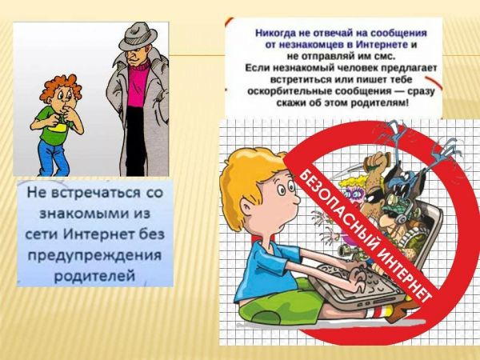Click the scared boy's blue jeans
[x=52, y=158]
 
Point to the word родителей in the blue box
[x=94, y=276]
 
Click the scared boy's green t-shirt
[x=54, y=126]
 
